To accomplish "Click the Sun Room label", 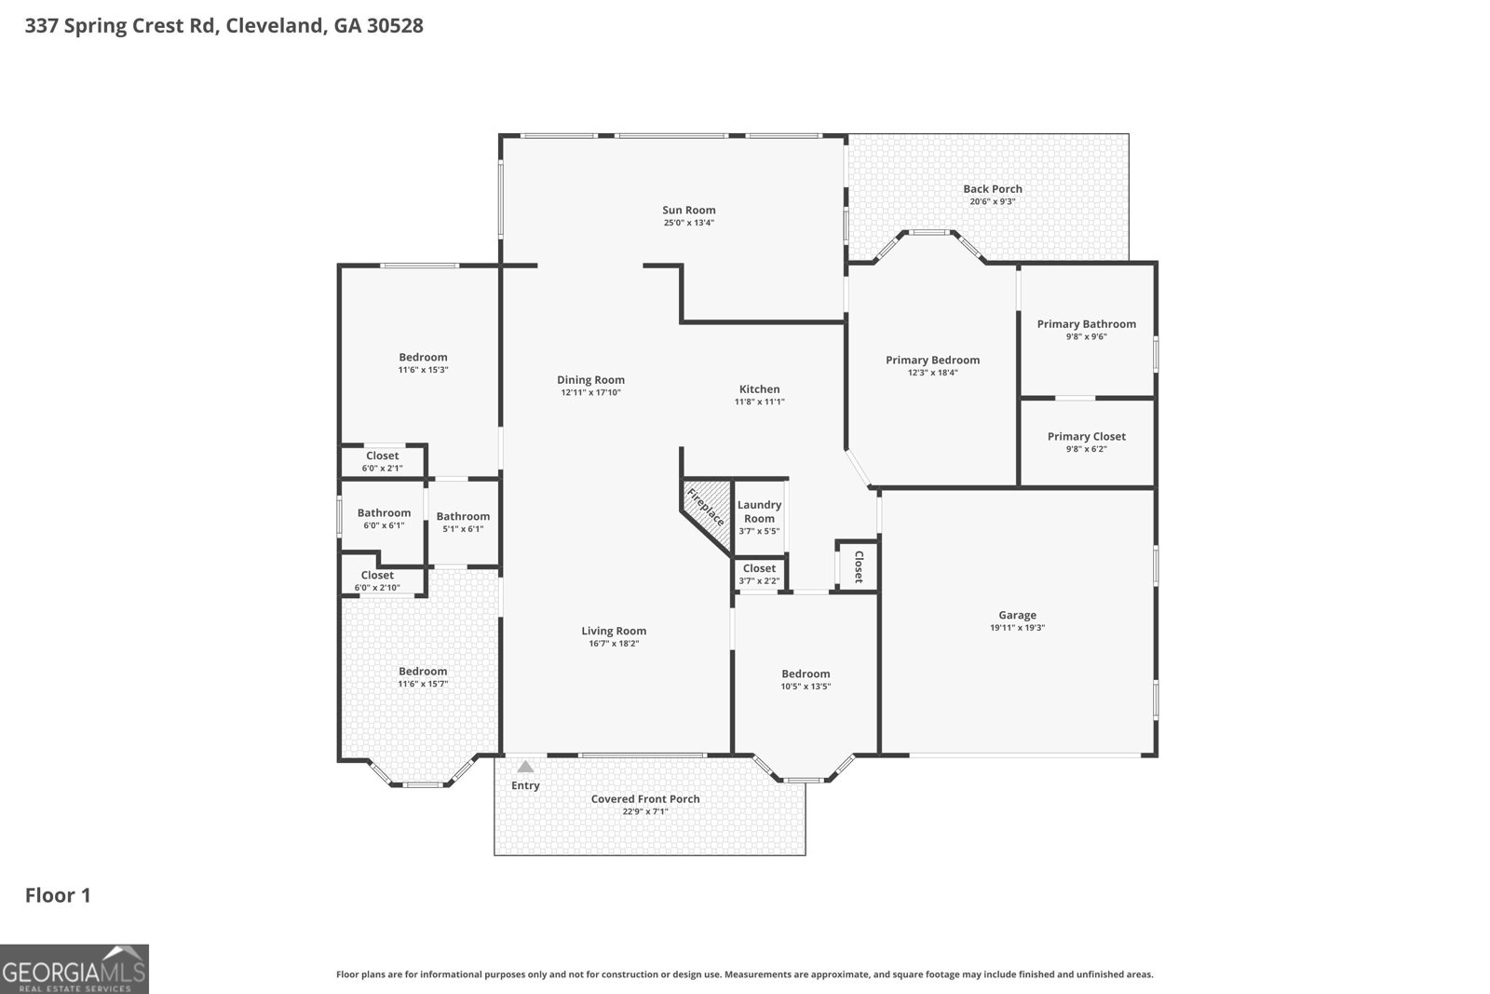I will tap(688, 211).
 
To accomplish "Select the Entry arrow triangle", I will tap(525, 767).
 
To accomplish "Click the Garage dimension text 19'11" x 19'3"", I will tap(1017, 628).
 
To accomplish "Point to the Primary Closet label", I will tap(1086, 436).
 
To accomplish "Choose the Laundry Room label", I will tap(759, 511).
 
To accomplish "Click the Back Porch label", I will tap(992, 189).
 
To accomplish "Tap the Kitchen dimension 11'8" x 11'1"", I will tap(759, 402).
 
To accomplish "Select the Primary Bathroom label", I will tap(1086, 324).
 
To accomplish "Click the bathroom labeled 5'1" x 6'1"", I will tap(463, 522).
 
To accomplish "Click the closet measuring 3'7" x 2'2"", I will tap(759, 574).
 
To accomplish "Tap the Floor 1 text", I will tap(58, 895).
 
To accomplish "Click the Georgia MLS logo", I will tap(74, 969).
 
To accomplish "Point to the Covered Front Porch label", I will tap(645, 799).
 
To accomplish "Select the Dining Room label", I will tap(590, 380).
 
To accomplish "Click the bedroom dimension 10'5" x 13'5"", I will tap(806, 687).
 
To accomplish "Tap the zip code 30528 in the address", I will tap(395, 26).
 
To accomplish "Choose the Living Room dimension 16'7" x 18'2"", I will tap(614, 644).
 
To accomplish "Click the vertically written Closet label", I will tap(858, 566).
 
